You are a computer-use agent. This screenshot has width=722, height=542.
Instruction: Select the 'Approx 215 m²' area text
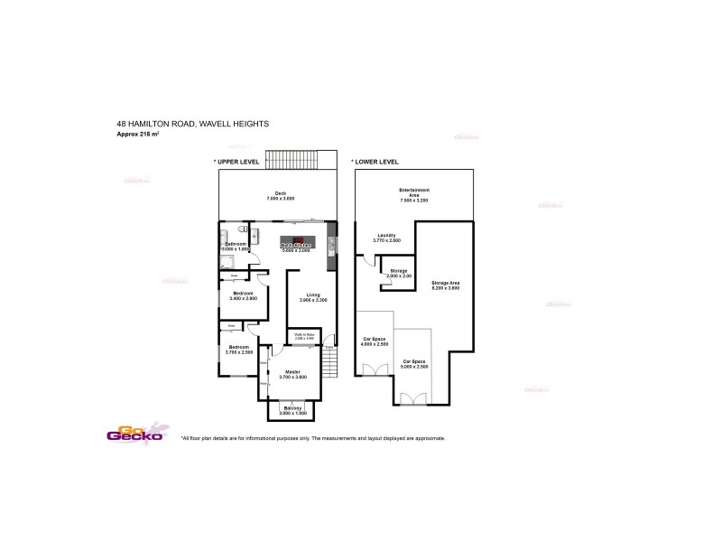(144, 134)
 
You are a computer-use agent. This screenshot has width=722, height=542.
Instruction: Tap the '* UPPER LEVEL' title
(236, 162)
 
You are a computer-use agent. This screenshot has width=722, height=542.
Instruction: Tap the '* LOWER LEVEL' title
(375, 162)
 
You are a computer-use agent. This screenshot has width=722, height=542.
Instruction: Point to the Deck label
(281, 195)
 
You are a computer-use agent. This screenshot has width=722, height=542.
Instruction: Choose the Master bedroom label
(292, 373)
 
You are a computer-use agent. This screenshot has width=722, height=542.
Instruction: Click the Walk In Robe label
(303, 335)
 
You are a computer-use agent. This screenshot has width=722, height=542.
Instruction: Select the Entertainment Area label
(413, 192)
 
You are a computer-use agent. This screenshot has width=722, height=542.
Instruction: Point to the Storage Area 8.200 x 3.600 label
(446, 285)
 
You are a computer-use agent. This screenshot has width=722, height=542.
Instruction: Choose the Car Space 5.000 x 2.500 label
(415, 364)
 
